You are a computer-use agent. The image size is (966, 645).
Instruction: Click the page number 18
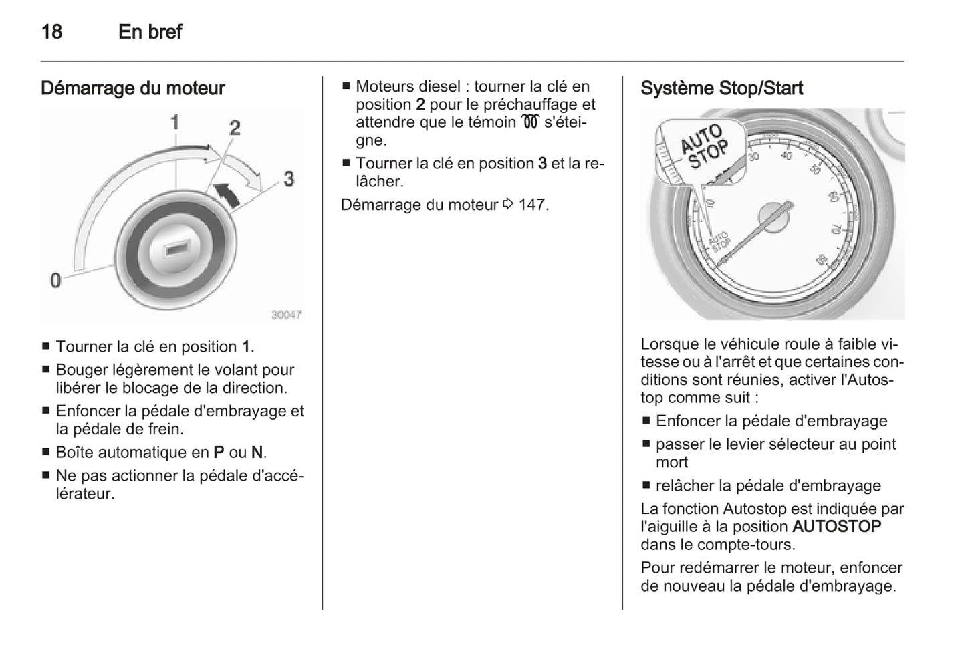(51, 31)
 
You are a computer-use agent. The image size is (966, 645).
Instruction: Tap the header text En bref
(150, 31)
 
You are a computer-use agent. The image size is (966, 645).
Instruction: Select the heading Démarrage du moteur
(132, 88)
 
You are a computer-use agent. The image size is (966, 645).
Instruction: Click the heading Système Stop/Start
(721, 88)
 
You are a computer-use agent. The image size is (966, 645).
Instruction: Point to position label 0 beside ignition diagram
(55, 280)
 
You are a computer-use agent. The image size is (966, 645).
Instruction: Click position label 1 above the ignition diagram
(174, 122)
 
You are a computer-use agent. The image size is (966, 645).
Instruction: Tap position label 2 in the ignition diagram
(234, 127)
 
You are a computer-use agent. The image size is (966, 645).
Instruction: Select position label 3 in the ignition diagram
(288, 179)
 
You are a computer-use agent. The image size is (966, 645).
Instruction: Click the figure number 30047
(286, 315)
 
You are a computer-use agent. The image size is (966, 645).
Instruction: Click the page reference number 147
(531, 205)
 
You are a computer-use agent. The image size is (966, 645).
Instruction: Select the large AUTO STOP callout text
(703, 146)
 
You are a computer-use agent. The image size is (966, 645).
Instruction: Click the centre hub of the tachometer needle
(773, 218)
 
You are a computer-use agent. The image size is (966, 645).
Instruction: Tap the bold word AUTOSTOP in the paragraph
(836, 527)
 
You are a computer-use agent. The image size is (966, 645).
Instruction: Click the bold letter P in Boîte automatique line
(219, 453)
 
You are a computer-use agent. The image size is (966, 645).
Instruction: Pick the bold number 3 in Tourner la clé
(542, 164)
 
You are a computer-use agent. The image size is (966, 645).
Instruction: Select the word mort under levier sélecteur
(671, 463)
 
